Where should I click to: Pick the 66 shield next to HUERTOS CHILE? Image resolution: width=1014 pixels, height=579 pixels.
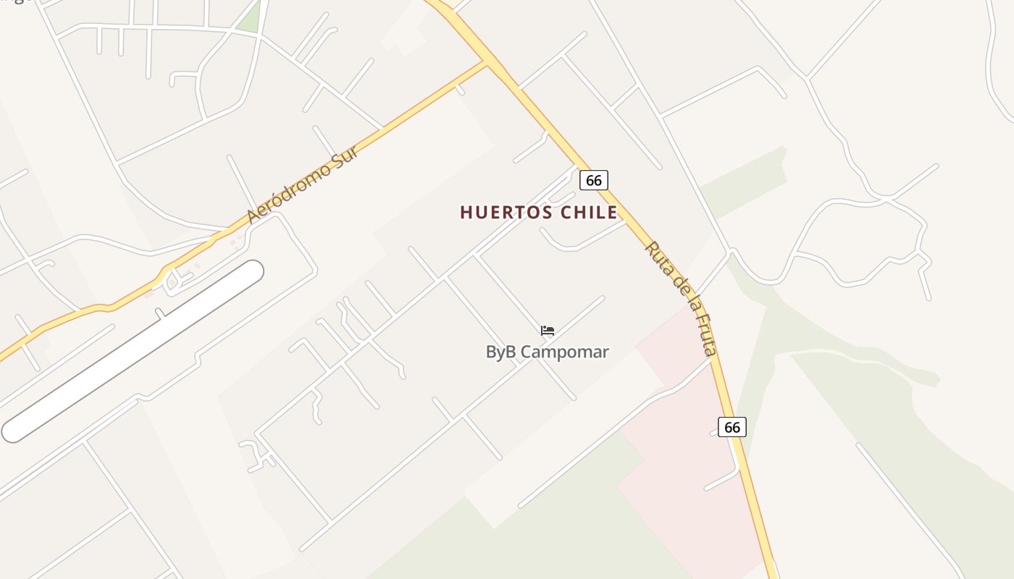click(x=593, y=180)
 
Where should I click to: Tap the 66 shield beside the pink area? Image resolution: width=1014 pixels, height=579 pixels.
click(x=732, y=427)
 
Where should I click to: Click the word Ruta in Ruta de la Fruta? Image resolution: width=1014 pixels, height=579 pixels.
click(x=657, y=256)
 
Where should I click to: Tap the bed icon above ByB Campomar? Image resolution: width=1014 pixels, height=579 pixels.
click(x=548, y=331)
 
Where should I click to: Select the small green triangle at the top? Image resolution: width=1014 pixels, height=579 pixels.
click(x=251, y=20)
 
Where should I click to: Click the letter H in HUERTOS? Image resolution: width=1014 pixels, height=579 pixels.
click(x=466, y=212)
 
